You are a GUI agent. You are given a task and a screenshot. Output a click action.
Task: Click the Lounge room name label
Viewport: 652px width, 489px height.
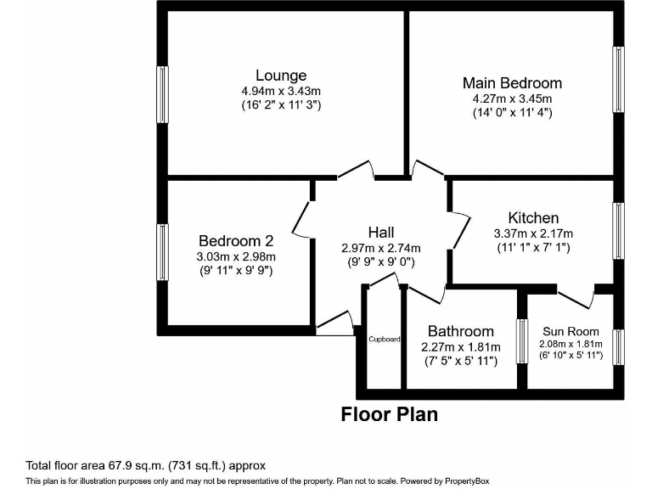(281, 76)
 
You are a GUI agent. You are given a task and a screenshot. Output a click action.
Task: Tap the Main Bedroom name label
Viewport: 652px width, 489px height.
(512, 82)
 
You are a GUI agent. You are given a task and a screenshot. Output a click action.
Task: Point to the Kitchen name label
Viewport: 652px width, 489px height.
(533, 218)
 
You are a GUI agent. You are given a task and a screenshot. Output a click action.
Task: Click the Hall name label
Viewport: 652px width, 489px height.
(380, 232)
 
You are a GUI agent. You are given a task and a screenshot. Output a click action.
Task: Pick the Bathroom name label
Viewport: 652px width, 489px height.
(460, 331)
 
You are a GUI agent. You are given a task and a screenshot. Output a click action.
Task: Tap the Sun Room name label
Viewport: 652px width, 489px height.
(570, 331)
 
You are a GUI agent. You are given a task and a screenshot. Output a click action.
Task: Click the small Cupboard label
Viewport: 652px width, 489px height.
(385, 340)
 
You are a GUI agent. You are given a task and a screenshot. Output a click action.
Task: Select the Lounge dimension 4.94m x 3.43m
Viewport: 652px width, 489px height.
(281, 91)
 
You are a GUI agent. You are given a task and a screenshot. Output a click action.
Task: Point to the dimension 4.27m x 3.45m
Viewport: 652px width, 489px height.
(512, 98)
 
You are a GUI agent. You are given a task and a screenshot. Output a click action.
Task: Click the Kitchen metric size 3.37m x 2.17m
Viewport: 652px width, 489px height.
(533, 233)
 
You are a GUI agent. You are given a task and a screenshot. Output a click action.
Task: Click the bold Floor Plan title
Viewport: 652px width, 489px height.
(389, 414)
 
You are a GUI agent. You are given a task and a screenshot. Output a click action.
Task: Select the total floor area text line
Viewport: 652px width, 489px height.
(146, 465)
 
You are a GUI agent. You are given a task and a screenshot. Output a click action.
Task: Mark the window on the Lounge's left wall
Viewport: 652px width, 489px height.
(162, 95)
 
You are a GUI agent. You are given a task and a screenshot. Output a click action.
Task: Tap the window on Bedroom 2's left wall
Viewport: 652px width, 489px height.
(161, 252)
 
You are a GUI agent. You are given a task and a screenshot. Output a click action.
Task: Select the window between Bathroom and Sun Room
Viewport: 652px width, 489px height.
(522, 341)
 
